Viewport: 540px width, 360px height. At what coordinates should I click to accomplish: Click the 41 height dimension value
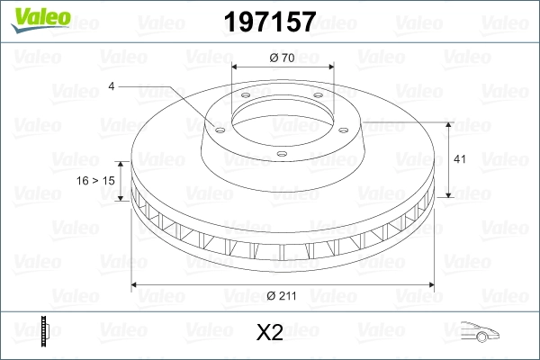pyautogui.click(x=459, y=159)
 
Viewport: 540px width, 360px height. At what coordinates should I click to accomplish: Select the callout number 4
pyautogui.click(x=112, y=86)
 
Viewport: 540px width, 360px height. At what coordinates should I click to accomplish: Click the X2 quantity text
pyautogui.click(x=270, y=333)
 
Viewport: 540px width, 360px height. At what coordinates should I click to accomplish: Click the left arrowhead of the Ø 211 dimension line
pyautogui.click(x=136, y=285)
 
